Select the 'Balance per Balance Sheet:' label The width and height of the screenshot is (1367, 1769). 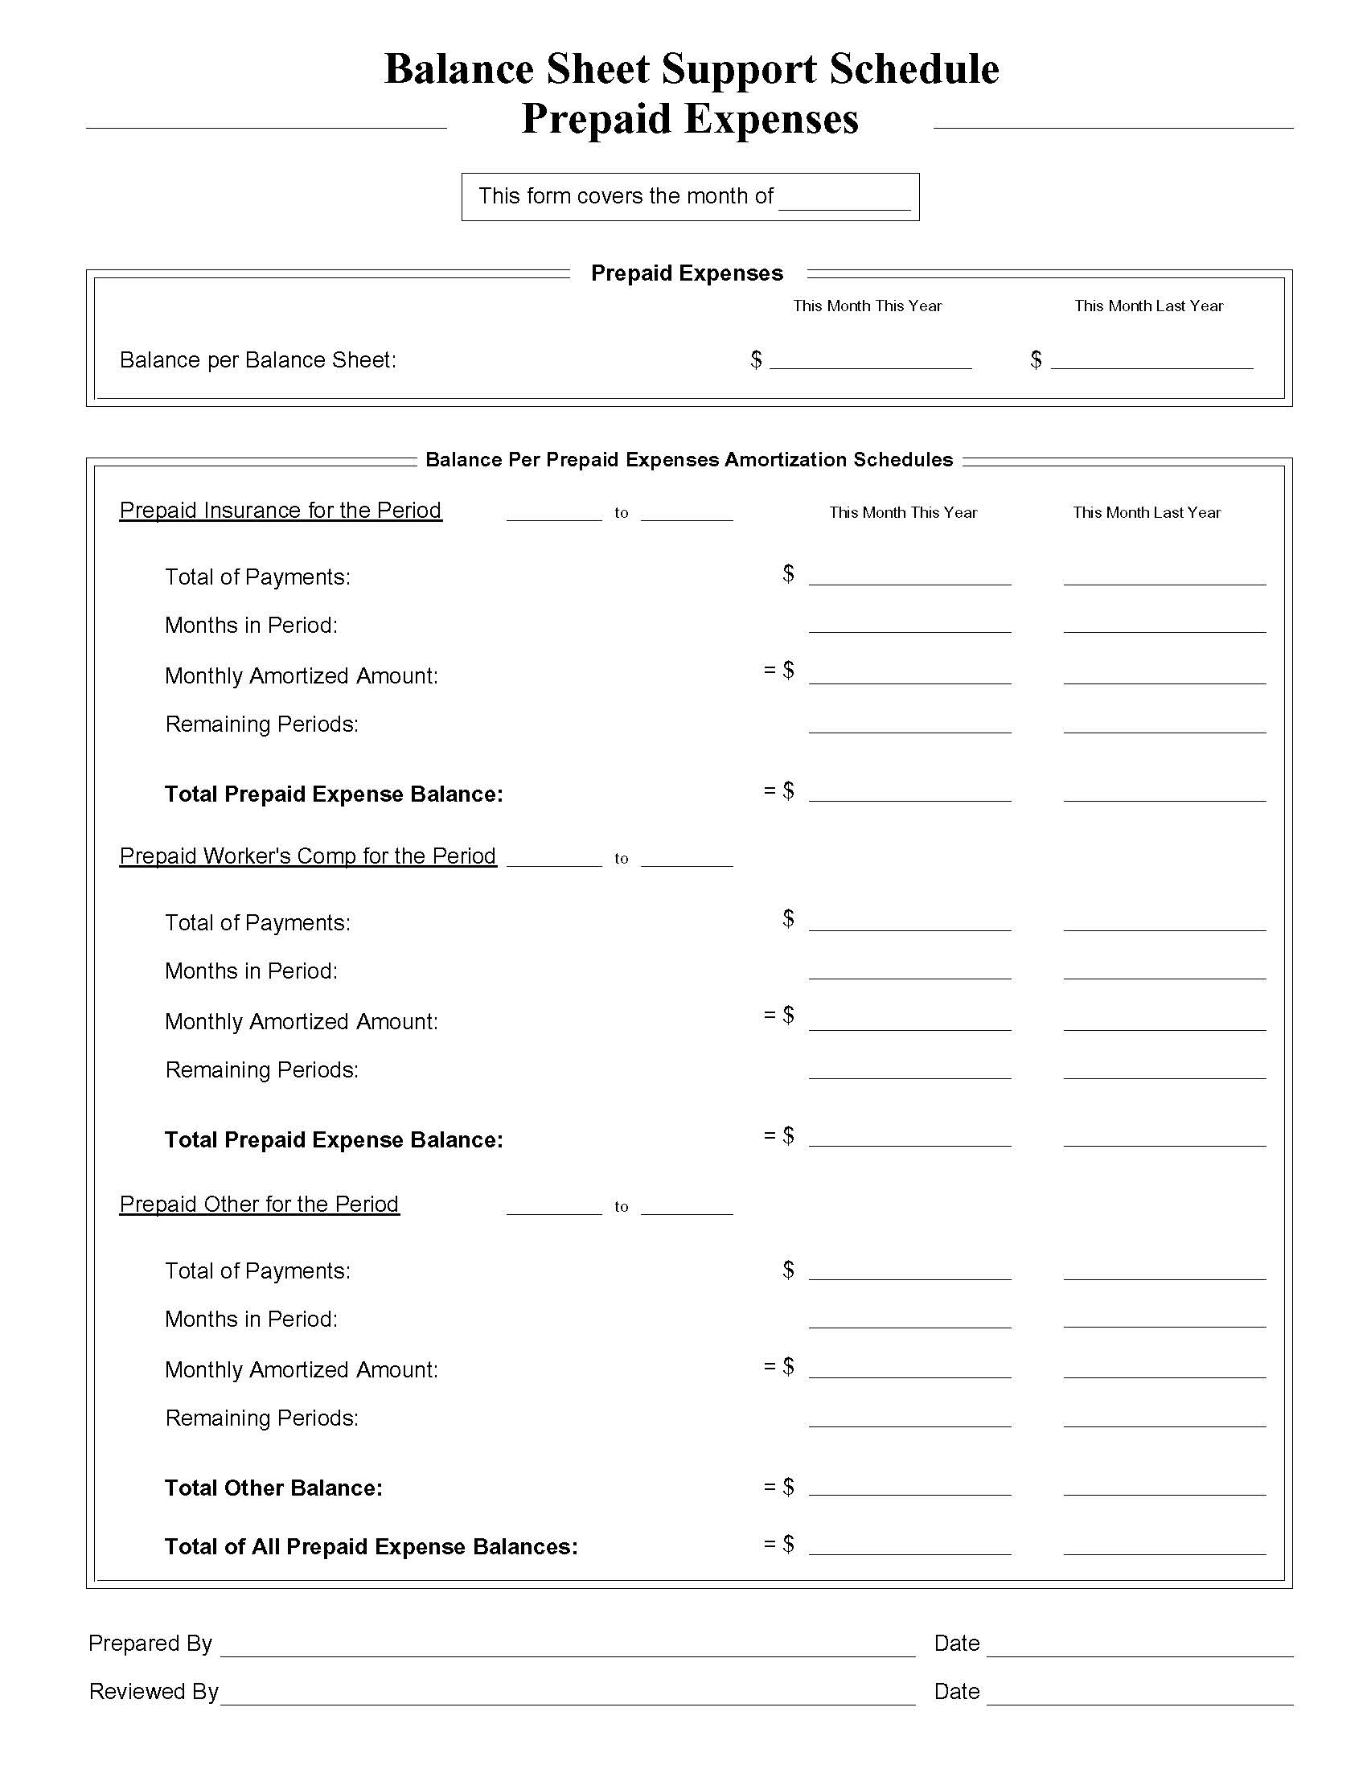point(257,359)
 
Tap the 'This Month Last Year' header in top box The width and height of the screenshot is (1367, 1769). point(1147,306)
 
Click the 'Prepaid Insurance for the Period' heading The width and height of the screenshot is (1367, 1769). point(280,511)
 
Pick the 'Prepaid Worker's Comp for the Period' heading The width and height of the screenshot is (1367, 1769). point(308,856)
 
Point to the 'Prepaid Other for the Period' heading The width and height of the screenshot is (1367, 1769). point(259,1205)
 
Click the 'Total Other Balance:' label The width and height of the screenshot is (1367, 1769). point(273,1488)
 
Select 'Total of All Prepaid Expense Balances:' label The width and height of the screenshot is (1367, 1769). point(371,1547)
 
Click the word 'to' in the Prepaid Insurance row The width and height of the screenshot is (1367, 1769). point(621,513)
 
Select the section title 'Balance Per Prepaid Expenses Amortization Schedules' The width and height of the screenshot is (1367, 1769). point(688,460)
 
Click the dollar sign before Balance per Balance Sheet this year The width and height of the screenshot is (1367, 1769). point(756,359)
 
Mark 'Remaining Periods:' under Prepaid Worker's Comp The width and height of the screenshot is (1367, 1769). point(261,1070)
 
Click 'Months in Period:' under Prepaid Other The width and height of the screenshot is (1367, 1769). point(251,1320)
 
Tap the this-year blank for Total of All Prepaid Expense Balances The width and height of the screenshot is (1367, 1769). point(909,1547)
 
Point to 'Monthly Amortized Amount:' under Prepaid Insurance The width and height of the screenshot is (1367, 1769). point(302,676)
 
